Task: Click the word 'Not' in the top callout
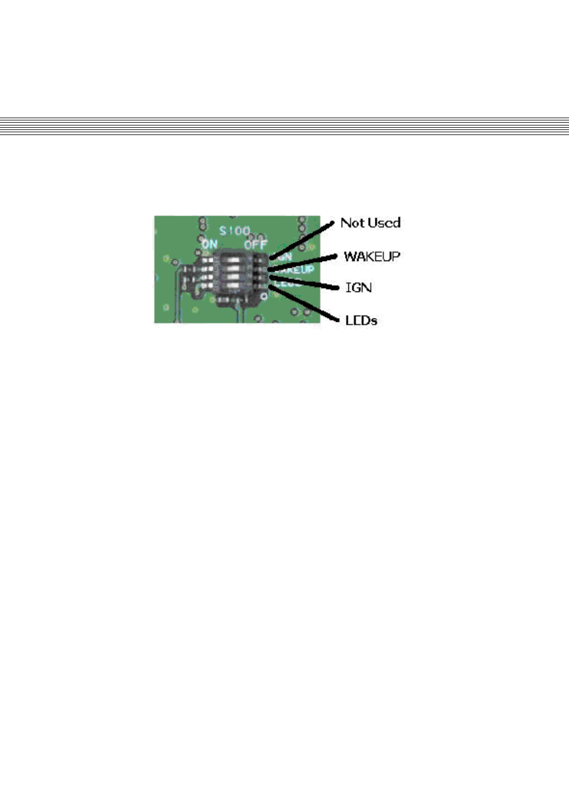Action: click(x=352, y=223)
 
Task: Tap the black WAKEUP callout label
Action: click(x=372, y=257)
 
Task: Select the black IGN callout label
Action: click(x=359, y=288)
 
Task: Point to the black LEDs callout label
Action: click(x=361, y=320)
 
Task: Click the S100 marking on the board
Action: click(x=235, y=231)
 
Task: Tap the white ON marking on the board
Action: click(x=209, y=244)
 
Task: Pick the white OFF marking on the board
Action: click(x=256, y=244)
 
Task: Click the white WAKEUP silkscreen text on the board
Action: click(x=297, y=270)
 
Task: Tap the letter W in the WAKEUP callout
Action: click(x=350, y=257)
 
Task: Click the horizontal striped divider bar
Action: click(x=284, y=126)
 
